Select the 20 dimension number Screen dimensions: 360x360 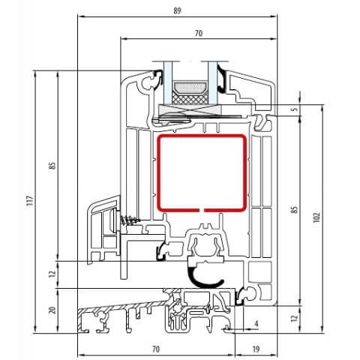(x=52, y=309)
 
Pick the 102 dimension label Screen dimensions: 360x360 (x=317, y=217)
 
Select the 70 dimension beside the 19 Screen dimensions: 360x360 (x=157, y=349)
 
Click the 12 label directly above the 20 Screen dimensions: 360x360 (x=52, y=274)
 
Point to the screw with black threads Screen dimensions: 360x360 (x=131, y=220)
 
